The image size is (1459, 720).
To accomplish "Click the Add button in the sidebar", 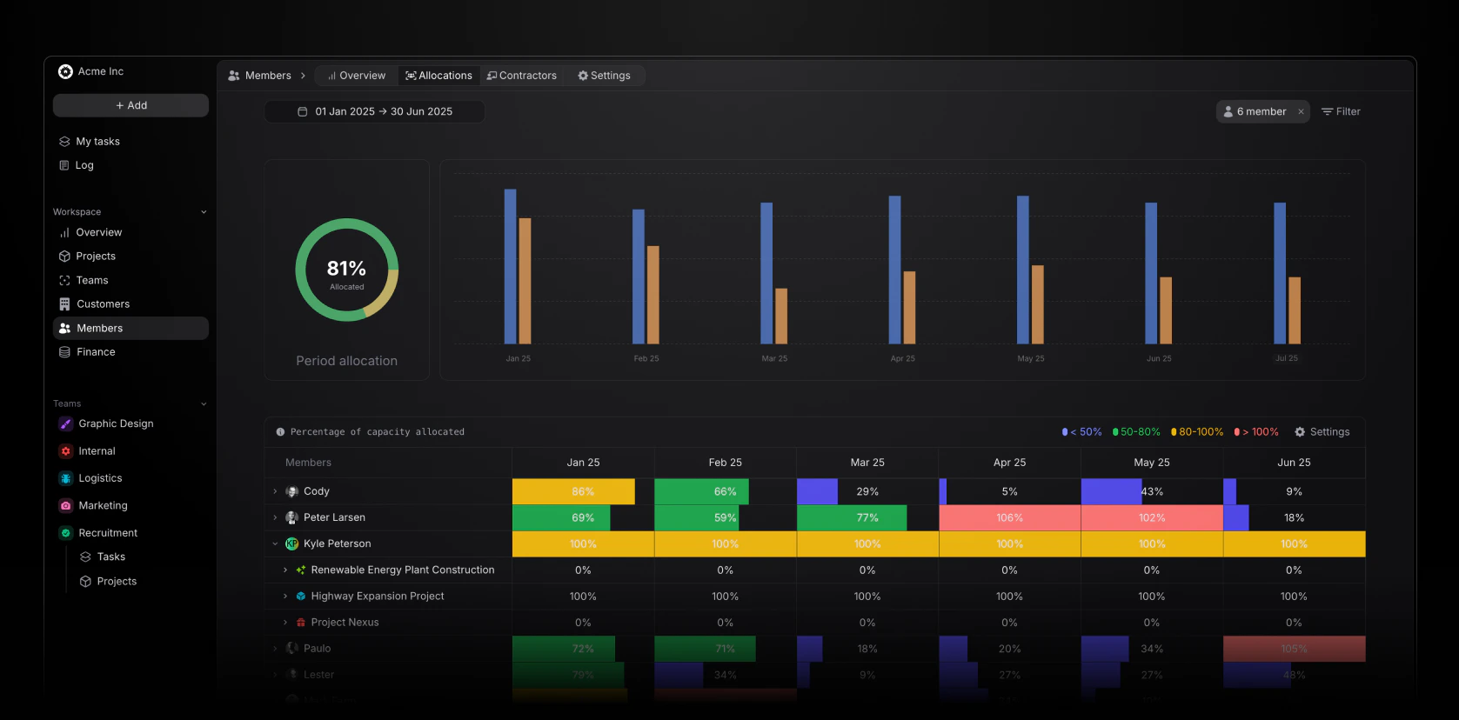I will coord(131,105).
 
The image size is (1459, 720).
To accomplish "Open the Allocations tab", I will coord(439,76).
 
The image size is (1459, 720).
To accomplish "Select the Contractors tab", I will coord(522,76).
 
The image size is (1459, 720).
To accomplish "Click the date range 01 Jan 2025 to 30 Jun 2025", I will coord(375,111).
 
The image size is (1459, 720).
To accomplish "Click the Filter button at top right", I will coord(1341,111).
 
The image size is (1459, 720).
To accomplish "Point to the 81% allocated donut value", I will coord(346,269).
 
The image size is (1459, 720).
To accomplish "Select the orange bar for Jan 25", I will coord(525,280).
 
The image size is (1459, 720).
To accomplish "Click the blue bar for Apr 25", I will coord(894,270).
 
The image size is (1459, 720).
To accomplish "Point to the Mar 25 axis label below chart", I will coord(774,358).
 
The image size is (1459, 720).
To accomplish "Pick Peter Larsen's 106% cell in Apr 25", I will coord(1009,517).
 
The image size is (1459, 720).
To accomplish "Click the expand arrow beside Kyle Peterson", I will coord(275,543).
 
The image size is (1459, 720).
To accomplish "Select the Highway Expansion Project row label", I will coord(378,597).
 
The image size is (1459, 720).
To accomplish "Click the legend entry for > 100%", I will coord(1256,432).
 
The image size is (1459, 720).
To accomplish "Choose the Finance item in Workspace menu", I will coord(96,352).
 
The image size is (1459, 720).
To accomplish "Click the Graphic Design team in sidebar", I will coord(116,423).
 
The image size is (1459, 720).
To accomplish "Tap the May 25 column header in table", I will coord(1151,463).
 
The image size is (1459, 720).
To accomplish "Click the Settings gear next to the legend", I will coord(1322,432).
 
